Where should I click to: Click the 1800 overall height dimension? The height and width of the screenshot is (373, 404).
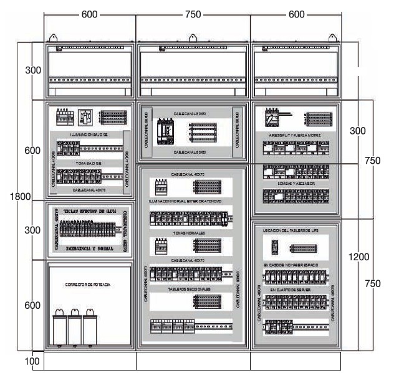pos(21,197)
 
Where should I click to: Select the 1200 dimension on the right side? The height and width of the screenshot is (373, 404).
pos(358,256)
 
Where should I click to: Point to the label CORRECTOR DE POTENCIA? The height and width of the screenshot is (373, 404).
pos(87,285)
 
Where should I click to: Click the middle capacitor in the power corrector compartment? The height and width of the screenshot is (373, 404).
pos(75,328)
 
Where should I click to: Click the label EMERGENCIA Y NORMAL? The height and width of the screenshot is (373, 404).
pos(89,248)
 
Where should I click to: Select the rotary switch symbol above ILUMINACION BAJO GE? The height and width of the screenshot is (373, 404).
pos(85,117)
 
